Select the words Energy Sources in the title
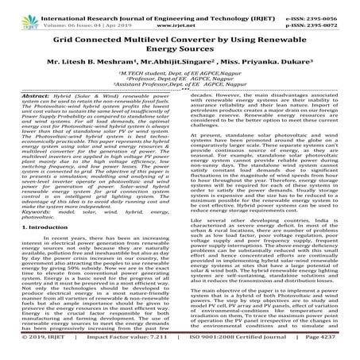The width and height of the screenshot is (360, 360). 180,53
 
